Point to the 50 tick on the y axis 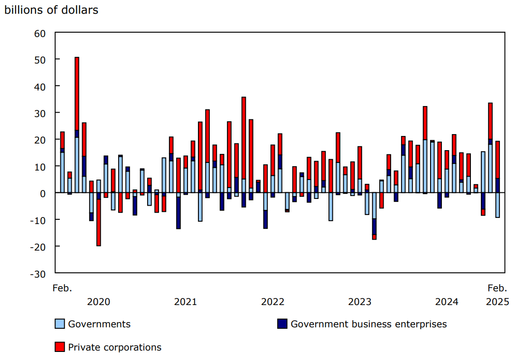click(x=39, y=60)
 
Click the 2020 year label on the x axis click(x=99, y=302)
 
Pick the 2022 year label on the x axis click(x=272, y=302)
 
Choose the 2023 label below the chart click(x=360, y=302)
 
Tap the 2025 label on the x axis click(x=497, y=302)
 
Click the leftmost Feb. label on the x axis click(x=62, y=288)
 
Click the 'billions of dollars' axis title click(x=51, y=10)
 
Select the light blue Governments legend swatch click(x=60, y=324)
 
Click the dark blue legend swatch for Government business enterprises click(x=282, y=324)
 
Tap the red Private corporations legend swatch click(x=60, y=347)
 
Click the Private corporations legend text click(x=114, y=347)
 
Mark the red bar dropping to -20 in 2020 click(x=99, y=223)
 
